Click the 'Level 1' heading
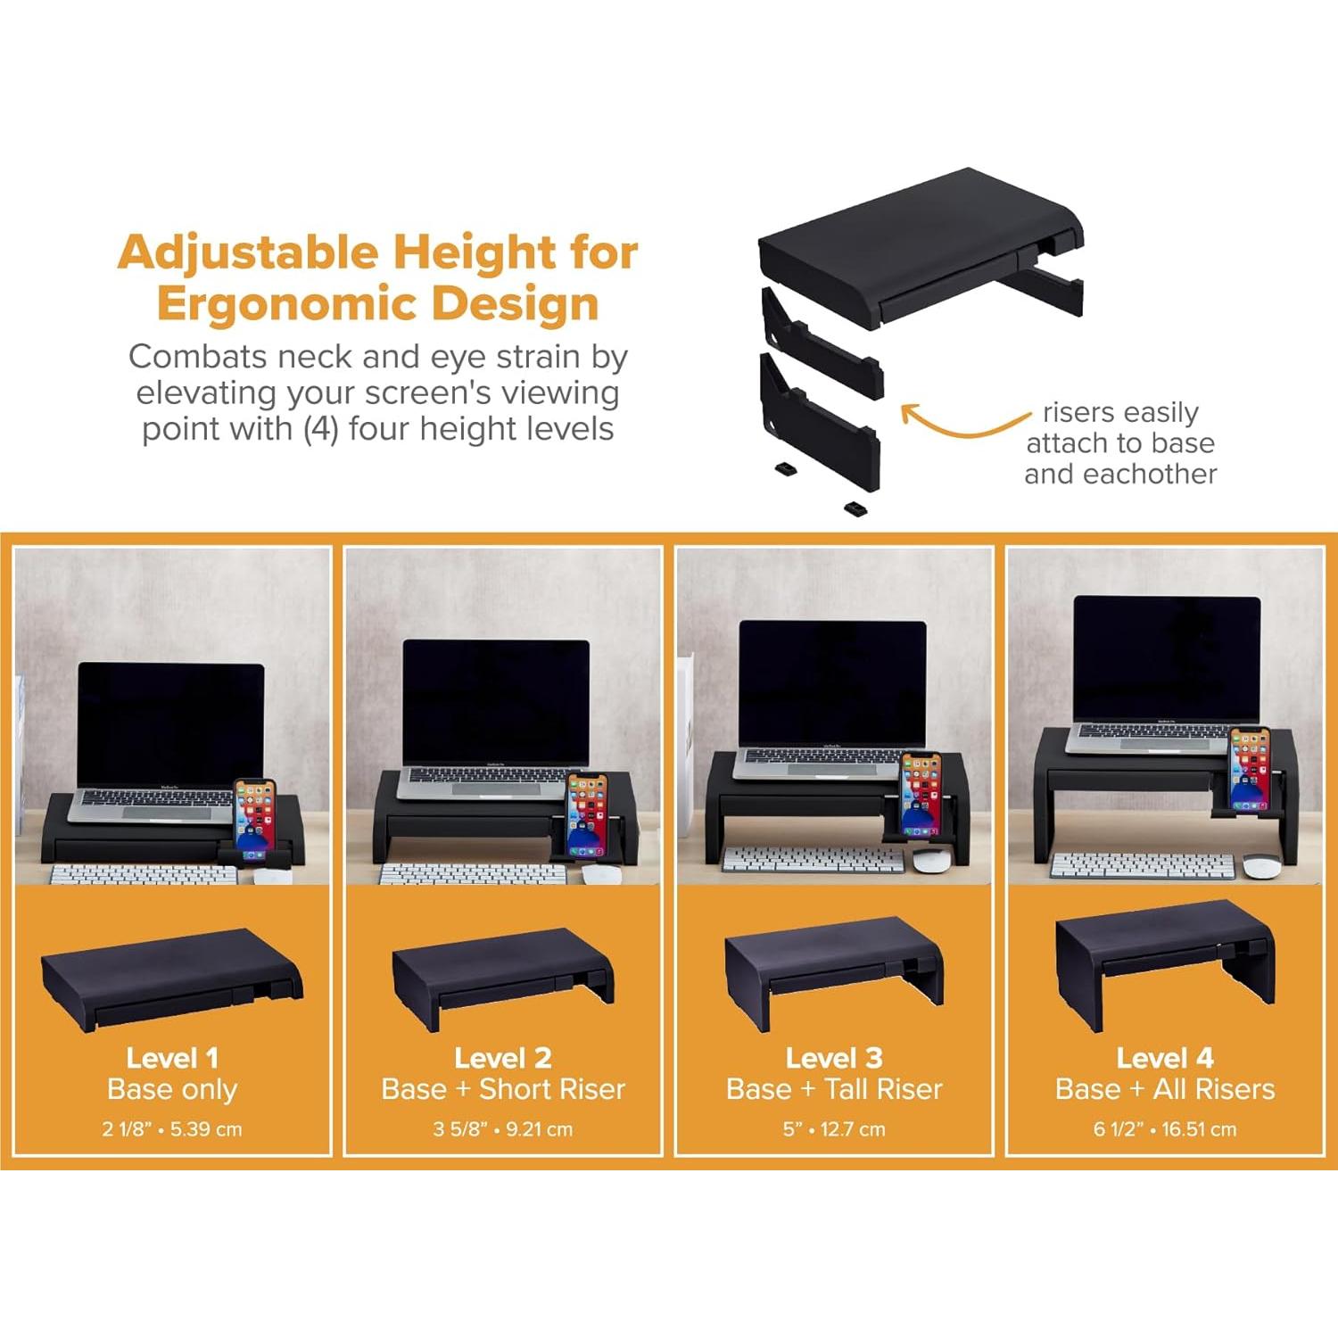(x=172, y=1058)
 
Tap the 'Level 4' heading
(x=1165, y=1058)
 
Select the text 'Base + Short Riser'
(x=503, y=1089)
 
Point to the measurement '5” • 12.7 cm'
(x=834, y=1129)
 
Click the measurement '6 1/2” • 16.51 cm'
(x=1165, y=1129)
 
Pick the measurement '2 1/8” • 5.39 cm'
(x=172, y=1129)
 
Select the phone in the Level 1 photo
(x=255, y=818)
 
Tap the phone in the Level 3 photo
(x=921, y=796)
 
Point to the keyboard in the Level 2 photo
(x=473, y=874)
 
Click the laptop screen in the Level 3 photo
(x=833, y=682)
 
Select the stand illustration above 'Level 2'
(x=503, y=977)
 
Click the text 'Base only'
(x=172, y=1089)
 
